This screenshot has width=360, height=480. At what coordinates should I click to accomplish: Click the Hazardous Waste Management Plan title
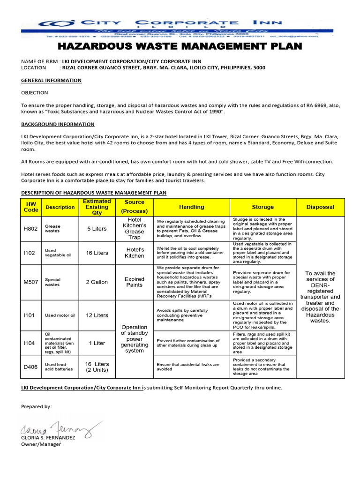tap(180, 46)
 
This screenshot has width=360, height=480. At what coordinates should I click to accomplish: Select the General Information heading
tap(51, 80)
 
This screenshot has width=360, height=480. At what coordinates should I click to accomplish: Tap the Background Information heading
tap(58, 124)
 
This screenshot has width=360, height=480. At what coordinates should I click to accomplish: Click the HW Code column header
tap(31, 207)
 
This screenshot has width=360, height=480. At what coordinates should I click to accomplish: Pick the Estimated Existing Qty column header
tap(97, 207)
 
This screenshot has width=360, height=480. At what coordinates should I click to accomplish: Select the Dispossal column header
tap(320, 207)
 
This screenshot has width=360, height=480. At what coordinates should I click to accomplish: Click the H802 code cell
tap(31, 229)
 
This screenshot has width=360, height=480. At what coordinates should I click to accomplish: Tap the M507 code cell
tap(31, 282)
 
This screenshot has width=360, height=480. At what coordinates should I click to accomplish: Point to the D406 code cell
tap(31, 367)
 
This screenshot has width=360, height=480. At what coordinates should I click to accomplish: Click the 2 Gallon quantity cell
tap(97, 282)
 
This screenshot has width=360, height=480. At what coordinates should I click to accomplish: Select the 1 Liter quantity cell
tap(97, 343)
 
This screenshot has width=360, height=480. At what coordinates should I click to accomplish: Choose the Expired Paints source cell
tap(135, 282)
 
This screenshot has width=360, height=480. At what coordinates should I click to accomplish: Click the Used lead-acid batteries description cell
tap(59, 367)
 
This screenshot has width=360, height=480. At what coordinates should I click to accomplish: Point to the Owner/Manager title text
tap(41, 444)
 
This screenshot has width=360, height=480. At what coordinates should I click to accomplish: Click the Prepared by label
tap(37, 406)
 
